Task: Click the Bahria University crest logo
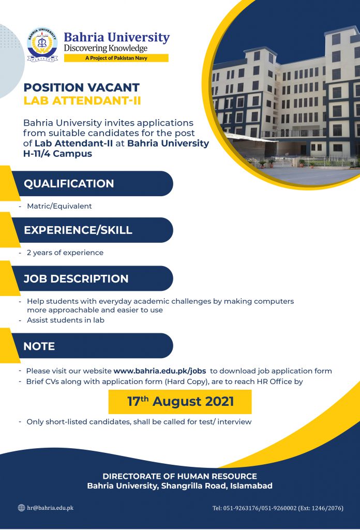(42, 45)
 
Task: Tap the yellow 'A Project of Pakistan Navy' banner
(116, 58)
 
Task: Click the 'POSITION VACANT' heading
(81, 87)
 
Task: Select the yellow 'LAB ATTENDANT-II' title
(82, 101)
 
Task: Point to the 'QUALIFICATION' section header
(69, 184)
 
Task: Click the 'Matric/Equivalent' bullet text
(59, 206)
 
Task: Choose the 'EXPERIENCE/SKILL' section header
(78, 230)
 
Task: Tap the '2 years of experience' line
(65, 253)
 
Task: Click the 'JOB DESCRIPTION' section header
(76, 279)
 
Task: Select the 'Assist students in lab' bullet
(66, 320)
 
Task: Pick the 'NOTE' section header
(39, 346)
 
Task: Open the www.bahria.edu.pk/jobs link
(160, 371)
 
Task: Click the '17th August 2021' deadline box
(180, 402)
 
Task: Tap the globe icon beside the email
(21, 508)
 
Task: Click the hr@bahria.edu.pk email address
(50, 508)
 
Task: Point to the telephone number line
(278, 508)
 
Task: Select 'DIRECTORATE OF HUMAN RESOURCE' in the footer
(179, 476)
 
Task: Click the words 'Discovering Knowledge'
(106, 48)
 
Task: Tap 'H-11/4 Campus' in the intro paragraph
(57, 153)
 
